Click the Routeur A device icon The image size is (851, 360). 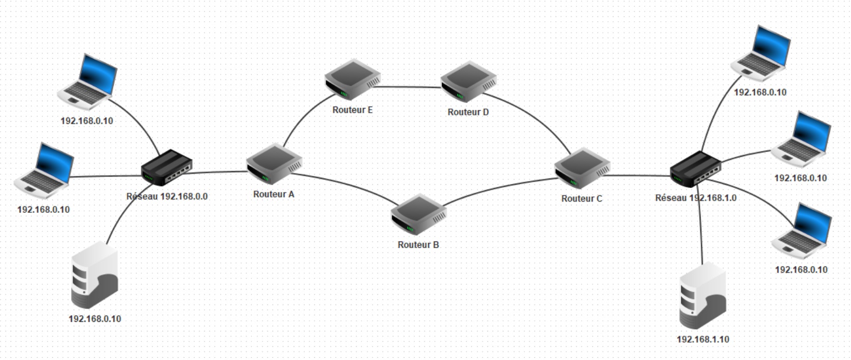click(x=274, y=164)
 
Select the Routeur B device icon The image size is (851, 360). click(x=419, y=214)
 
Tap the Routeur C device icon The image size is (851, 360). click(x=582, y=168)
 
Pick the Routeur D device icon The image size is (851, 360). click(x=468, y=82)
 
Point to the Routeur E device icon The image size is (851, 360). click(x=352, y=80)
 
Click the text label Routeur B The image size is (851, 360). click(x=418, y=245)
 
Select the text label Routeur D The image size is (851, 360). click(x=468, y=112)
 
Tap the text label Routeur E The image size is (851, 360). click(x=352, y=110)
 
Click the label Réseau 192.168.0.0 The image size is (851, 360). click(x=167, y=196)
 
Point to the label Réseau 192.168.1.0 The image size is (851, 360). click(x=695, y=198)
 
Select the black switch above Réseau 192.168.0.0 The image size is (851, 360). click(x=166, y=167)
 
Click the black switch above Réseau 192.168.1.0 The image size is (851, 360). click(x=695, y=169)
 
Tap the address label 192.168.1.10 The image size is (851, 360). click(x=703, y=339)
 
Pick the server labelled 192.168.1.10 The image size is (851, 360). click(x=702, y=295)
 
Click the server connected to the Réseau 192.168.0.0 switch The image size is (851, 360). click(x=95, y=275)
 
